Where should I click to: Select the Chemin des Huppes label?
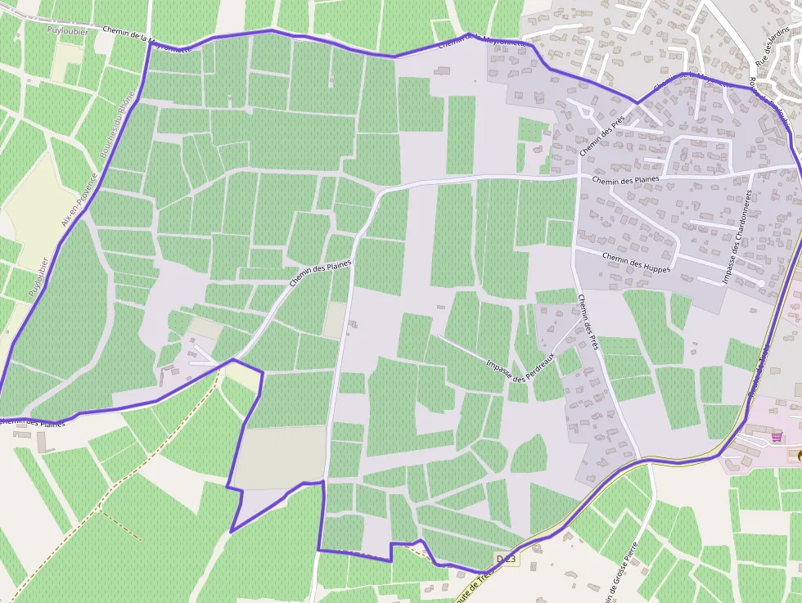(x=636, y=263)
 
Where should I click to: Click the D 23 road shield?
(x=507, y=558)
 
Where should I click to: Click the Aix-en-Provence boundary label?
(x=80, y=199)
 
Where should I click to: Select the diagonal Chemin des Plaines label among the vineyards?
(x=320, y=272)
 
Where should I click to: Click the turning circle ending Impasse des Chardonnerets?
(x=761, y=283)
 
